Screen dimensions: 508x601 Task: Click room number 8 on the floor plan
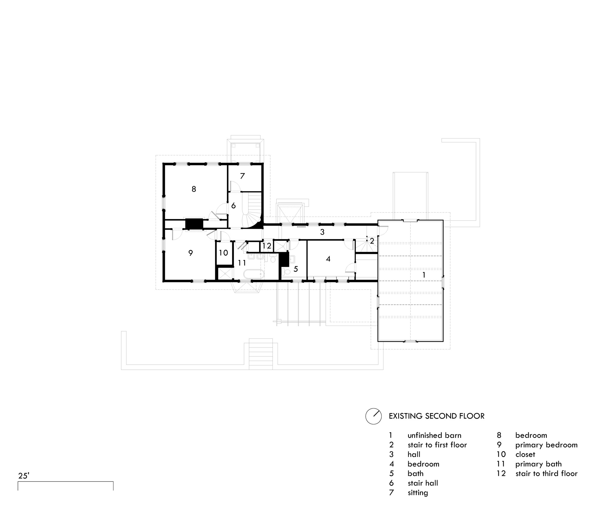(x=194, y=189)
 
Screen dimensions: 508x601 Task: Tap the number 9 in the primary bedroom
(x=191, y=253)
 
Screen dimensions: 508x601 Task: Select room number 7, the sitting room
(x=243, y=176)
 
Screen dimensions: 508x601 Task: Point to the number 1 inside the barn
(x=424, y=275)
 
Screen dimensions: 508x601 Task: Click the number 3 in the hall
(x=322, y=232)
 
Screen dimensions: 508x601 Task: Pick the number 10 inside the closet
(x=224, y=253)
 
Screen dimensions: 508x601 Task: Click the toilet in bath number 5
(x=287, y=272)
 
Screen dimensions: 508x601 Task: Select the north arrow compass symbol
(x=374, y=416)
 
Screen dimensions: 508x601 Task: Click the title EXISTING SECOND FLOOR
(x=437, y=416)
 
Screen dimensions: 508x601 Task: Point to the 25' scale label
(x=24, y=476)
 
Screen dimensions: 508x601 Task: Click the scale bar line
(x=66, y=482)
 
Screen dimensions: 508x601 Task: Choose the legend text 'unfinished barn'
(x=434, y=435)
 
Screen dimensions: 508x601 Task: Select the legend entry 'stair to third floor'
(x=546, y=474)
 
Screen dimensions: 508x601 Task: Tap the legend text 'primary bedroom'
(x=546, y=445)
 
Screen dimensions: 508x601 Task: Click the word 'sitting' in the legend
(x=418, y=493)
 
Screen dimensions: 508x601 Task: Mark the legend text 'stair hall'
(x=423, y=483)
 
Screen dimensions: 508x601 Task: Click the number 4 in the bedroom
(x=328, y=259)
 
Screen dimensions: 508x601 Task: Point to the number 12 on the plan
(x=267, y=246)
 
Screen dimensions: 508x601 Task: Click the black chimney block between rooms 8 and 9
(x=194, y=224)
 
